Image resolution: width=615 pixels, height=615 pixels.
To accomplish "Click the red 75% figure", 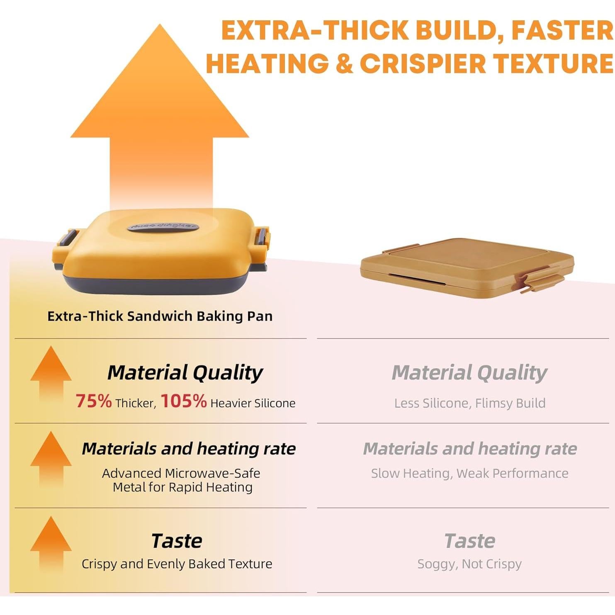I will [93, 401].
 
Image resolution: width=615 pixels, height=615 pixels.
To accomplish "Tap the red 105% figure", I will [183, 401].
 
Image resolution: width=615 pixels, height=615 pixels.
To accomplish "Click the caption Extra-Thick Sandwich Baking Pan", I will [160, 316].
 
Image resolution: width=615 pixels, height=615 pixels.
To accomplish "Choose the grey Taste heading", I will [469, 541].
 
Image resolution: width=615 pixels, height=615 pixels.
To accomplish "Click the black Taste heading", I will [177, 541].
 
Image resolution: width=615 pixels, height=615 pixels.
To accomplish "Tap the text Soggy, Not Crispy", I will [469, 564].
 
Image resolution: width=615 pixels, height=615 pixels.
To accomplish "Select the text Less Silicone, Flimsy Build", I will [469, 403].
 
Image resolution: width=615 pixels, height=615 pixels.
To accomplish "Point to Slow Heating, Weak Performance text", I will [469, 473].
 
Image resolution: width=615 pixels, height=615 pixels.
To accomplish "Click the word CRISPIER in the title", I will [423, 64].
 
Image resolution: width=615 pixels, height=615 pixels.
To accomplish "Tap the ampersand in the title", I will [344, 64].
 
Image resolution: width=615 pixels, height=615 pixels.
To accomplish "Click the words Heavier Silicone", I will [253, 403].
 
